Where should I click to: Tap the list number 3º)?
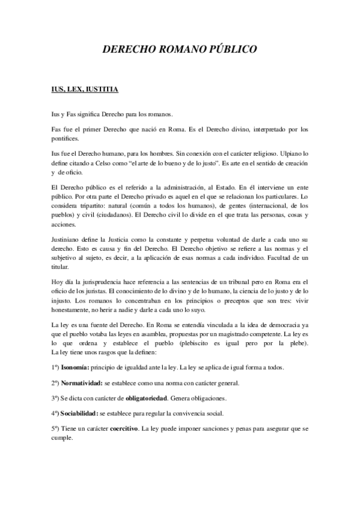point(56,398)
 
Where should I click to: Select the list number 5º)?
point(56,429)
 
